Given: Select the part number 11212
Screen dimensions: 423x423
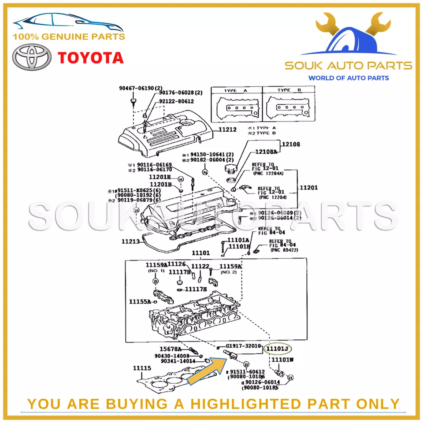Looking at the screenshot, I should point(227,130).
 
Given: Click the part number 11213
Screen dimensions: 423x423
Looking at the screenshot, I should point(130,241).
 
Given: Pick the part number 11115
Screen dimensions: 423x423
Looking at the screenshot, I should point(142,368).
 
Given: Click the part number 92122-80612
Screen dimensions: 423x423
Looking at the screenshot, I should point(176,101).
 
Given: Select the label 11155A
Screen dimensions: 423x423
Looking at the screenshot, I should point(140,302).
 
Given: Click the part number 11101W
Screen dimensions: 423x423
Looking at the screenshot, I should point(282,360).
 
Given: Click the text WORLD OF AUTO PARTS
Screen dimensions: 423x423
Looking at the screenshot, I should point(348,78).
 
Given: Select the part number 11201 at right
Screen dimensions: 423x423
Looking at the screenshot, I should point(309,188).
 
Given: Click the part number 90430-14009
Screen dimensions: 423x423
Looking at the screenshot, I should point(172,356).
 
